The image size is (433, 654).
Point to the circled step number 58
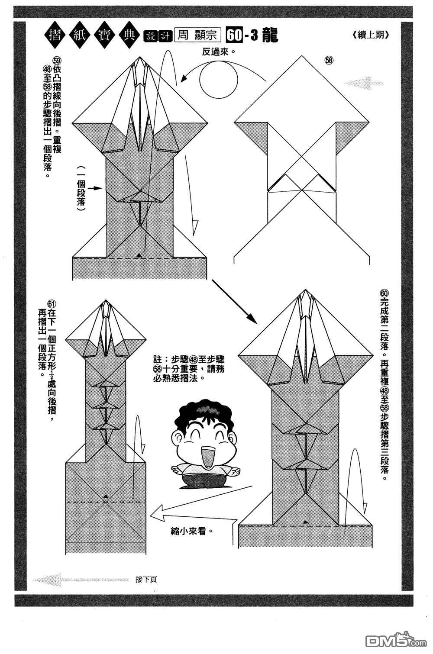[329, 61]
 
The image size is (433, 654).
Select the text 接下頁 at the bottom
[145, 580]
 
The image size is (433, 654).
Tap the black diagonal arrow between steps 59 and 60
[234, 302]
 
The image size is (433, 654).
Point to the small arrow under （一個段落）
[95, 188]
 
